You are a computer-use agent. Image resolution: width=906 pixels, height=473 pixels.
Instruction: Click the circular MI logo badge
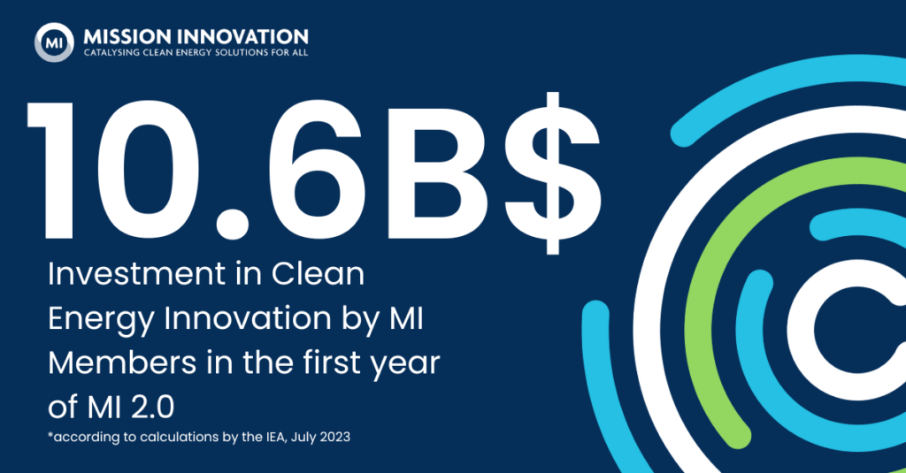pyautogui.click(x=54, y=42)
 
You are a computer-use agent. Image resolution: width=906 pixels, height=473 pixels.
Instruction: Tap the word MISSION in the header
pyautogui.click(x=128, y=37)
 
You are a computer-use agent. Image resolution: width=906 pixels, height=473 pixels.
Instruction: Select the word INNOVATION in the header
pyautogui.click(x=243, y=37)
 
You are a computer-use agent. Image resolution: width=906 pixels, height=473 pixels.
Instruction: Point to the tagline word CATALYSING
pyautogui.click(x=111, y=52)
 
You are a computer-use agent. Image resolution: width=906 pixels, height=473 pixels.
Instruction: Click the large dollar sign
pyautogui.click(x=553, y=172)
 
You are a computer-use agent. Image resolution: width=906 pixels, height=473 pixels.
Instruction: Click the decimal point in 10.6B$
pyautogui.click(x=233, y=221)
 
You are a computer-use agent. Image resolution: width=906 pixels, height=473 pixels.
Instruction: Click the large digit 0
pyautogui.click(x=151, y=172)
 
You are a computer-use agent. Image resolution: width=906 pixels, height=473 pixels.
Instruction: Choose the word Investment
pyautogui.click(x=128, y=273)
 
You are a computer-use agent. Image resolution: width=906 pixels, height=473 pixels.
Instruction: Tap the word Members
pyautogui.click(x=122, y=362)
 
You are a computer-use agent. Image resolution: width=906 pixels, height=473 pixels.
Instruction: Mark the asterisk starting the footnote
pyautogui.click(x=50, y=434)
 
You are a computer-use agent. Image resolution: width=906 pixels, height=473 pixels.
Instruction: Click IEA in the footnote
pyautogui.click(x=275, y=437)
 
